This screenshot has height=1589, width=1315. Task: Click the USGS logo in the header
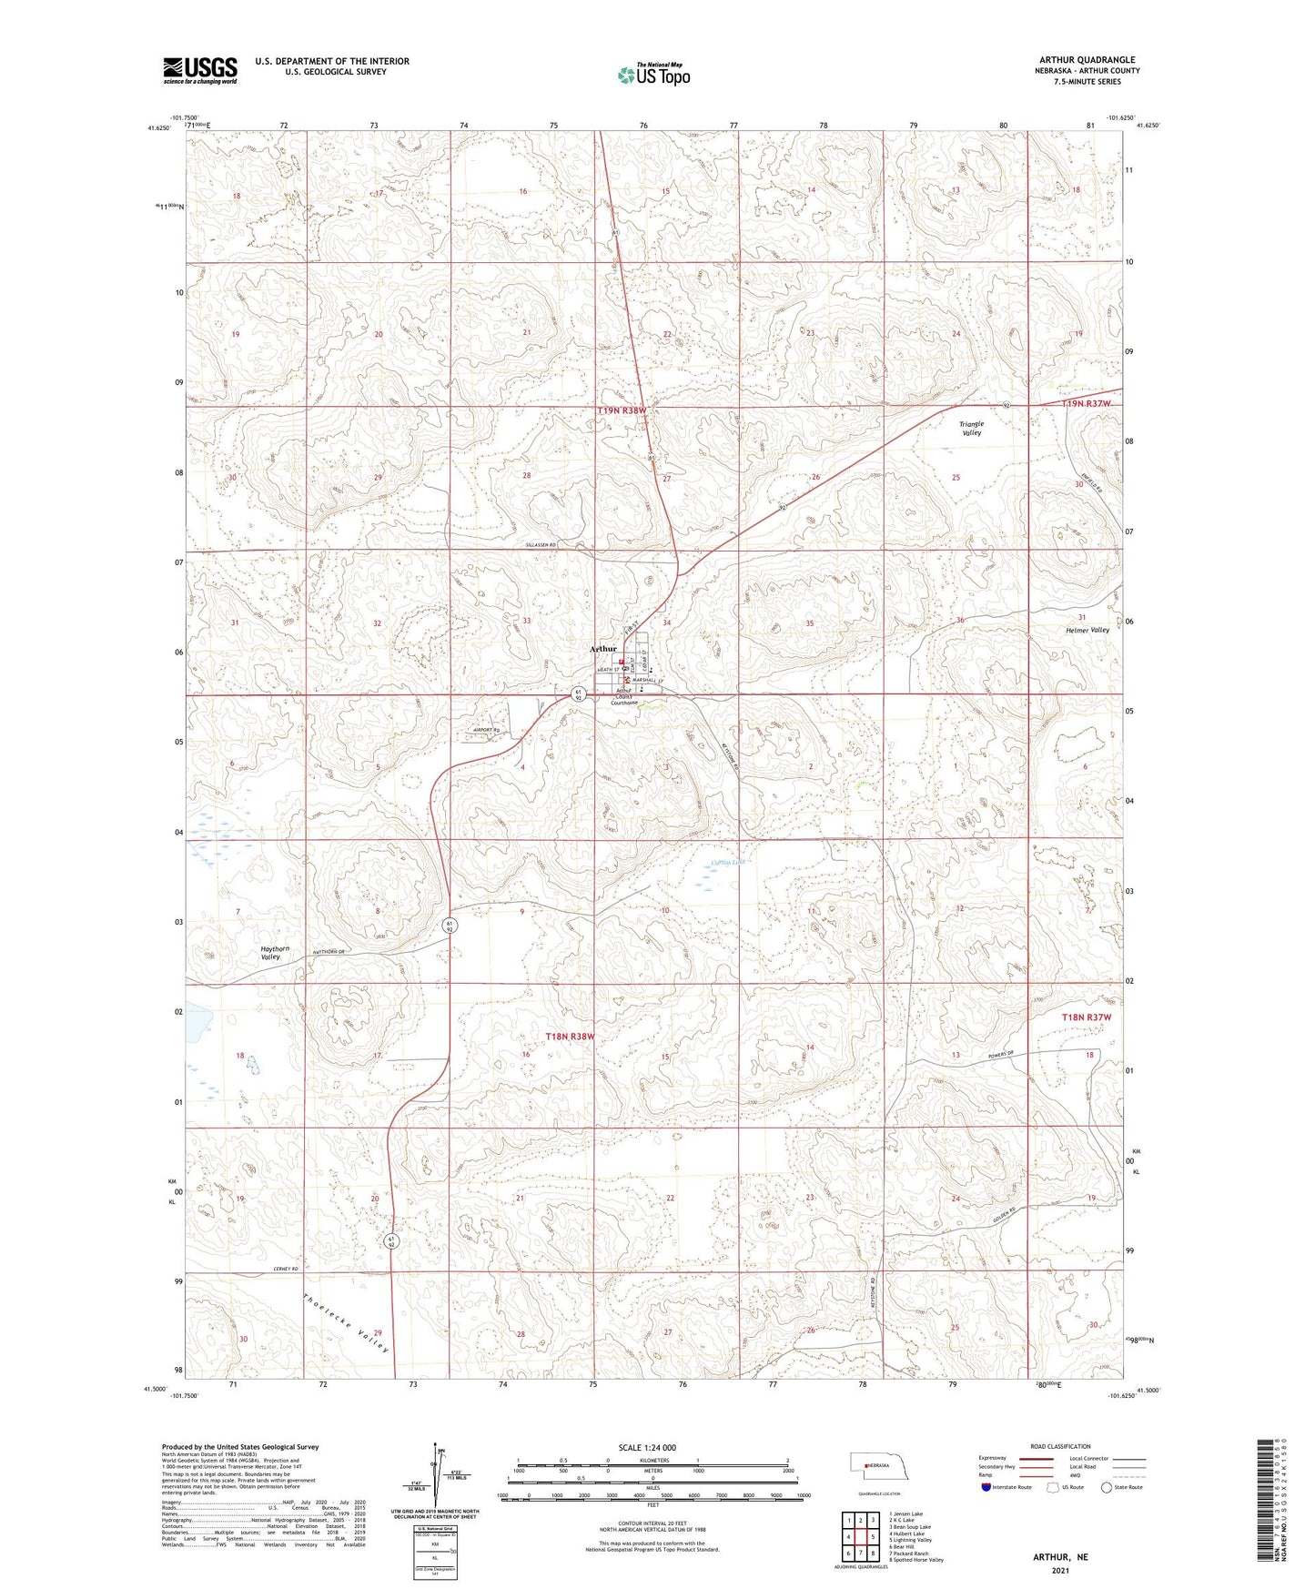coord(200,70)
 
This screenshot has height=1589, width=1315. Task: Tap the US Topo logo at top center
coord(652,75)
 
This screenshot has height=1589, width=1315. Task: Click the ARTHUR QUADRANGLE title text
coord(1087,60)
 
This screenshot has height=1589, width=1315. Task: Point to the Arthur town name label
coord(603,649)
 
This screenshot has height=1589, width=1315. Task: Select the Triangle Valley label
coord(972,429)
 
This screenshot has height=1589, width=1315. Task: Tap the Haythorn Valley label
coord(276,953)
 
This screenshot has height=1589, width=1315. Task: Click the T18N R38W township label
coord(570,1037)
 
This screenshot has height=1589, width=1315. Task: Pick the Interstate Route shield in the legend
coord(986,1487)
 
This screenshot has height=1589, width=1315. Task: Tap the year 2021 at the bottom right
coord(1060,1571)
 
